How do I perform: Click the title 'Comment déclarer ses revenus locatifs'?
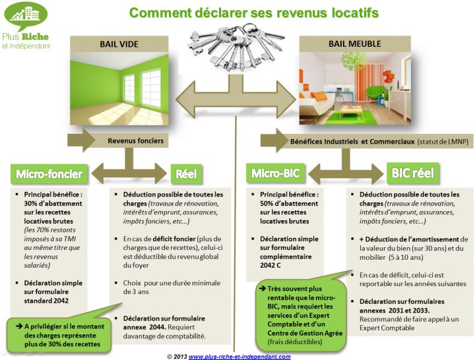pos(253,13)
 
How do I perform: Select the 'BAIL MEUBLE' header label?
pos(355,44)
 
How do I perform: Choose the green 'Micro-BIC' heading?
pos(275,174)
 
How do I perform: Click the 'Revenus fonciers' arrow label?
pos(136,140)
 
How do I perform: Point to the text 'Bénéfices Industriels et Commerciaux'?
pos(352,141)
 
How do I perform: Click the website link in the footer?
pos(239,357)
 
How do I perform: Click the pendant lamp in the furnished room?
pos(353,61)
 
